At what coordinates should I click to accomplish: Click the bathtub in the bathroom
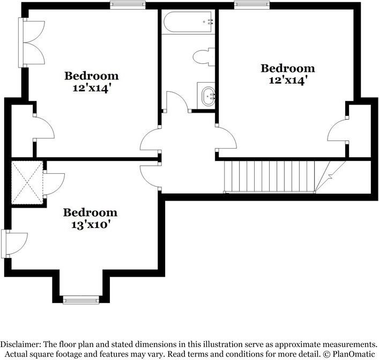(x=188, y=21)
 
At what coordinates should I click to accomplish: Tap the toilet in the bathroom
(x=204, y=57)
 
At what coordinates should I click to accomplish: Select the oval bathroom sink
(x=208, y=96)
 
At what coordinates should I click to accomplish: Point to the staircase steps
(x=270, y=176)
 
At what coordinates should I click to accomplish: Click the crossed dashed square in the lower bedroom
(x=27, y=182)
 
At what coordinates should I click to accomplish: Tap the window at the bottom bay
(x=81, y=300)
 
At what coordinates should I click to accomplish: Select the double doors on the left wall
(x=32, y=42)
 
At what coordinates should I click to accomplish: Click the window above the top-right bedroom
(x=251, y=5)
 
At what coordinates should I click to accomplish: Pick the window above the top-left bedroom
(x=128, y=5)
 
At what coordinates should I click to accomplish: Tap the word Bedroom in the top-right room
(x=288, y=68)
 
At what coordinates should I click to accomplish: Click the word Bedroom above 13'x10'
(x=90, y=212)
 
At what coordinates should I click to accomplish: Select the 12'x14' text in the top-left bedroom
(x=93, y=89)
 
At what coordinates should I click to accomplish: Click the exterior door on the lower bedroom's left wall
(x=14, y=244)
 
